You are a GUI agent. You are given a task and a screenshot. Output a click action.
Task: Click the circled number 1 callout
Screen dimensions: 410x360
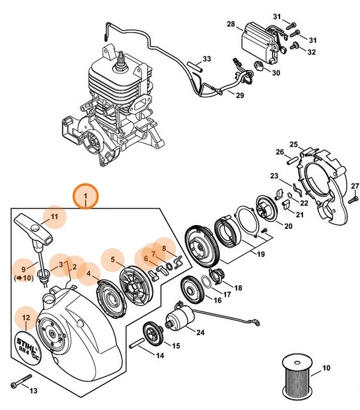85,195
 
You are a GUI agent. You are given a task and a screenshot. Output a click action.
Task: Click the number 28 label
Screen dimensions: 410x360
231,24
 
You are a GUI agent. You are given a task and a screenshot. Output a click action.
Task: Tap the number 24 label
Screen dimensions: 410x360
200,333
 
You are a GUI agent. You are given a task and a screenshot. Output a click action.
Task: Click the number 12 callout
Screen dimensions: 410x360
26,317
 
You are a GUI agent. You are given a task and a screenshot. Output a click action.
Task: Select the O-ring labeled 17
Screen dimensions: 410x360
208,281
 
